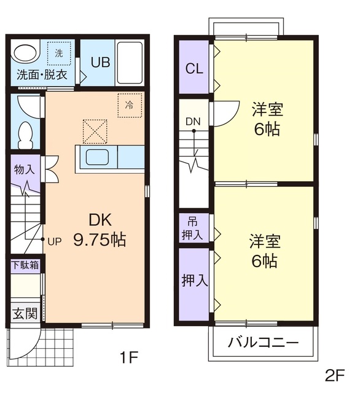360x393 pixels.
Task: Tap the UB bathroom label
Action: click(x=101, y=62)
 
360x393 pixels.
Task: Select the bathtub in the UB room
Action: click(x=130, y=63)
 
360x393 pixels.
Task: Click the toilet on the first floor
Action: click(x=26, y=134)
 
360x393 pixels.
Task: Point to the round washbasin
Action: click(x=25, y=54)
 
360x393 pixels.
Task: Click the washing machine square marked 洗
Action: click(x=59, y=53)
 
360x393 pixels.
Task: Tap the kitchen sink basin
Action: click(x=97, y=157)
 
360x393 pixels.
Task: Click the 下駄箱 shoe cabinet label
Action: click(x=25, y=265)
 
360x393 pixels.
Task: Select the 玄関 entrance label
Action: click(x=25, y=313)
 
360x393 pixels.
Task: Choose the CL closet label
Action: click(x=194, y=68)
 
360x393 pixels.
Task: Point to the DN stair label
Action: click(x=193, y=121)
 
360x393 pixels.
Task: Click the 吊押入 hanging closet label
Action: click(x=194, y=228)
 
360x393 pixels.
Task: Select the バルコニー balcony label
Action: click(x=264, y=343)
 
